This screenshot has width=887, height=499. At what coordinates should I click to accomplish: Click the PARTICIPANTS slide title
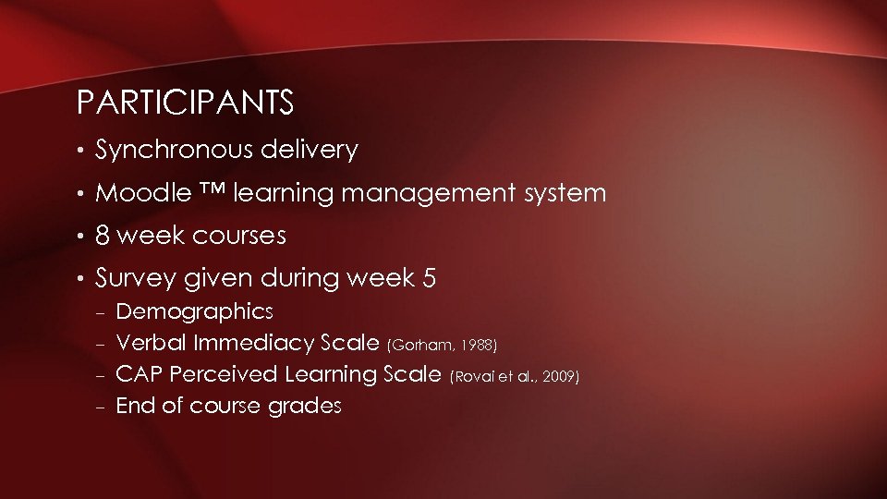(x=185, y=103)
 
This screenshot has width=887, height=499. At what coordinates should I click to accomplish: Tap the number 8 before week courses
(x=103, y=236)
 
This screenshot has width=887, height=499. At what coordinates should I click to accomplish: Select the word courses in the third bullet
(x=239, y=237)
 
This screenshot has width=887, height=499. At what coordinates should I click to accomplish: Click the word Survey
(x=128, y=278)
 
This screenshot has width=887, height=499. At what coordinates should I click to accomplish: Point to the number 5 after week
(x=429, y=278)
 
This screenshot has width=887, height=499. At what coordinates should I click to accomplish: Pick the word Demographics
(x=194, y=311)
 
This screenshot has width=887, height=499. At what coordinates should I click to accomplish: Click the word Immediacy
(x=254, y=344)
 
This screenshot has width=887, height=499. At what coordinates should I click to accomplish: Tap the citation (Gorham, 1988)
(x=443, y=346)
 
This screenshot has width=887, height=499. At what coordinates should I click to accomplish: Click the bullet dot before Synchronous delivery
(x=83, y=151)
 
